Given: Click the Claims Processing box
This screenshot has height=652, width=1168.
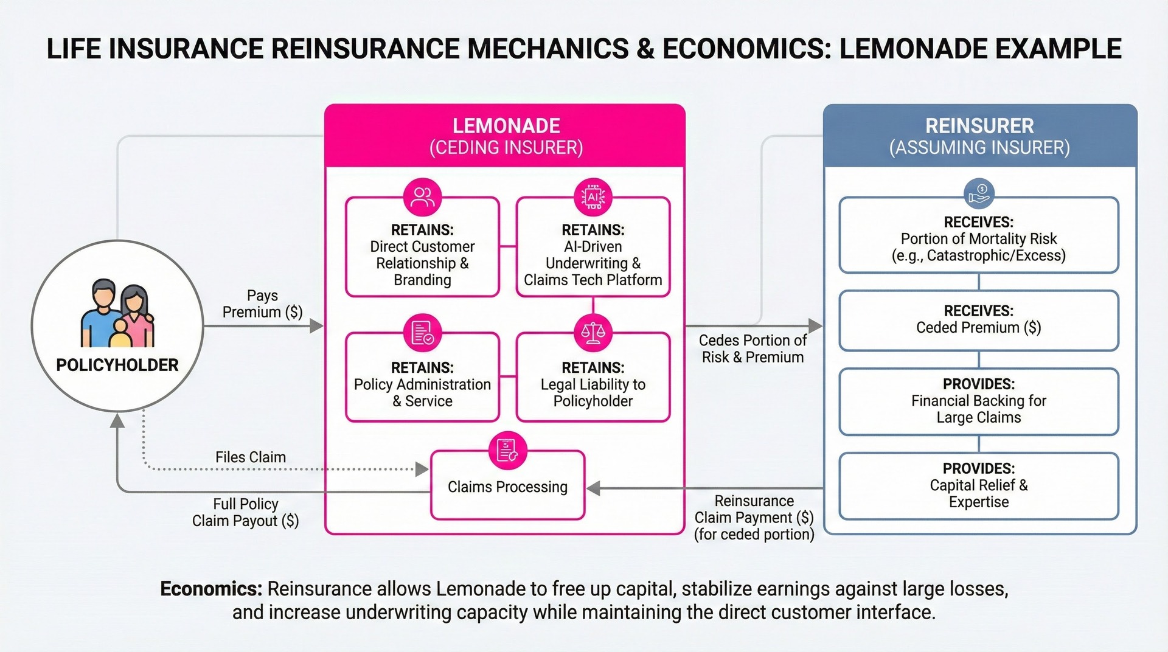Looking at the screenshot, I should pos(507,487).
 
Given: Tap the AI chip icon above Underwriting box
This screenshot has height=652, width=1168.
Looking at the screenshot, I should pos(593,197).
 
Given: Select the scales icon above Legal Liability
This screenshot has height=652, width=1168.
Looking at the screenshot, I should pos(593,333).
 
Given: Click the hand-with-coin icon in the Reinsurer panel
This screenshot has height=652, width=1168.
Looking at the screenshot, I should pos(979,194).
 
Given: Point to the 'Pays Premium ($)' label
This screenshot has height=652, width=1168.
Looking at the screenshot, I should pos(262,303).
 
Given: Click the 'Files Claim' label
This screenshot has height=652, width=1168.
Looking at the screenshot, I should pos(251,457).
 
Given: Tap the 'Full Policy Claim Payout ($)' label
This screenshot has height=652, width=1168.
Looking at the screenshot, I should pos(246,512).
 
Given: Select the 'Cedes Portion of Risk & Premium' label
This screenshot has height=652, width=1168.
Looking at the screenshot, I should pos(753,349).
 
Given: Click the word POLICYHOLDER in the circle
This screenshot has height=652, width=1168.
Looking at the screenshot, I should pos(117,365).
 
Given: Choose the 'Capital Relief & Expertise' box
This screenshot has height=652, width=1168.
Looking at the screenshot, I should pos(978,485).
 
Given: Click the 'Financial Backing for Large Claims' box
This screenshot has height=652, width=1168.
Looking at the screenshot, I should pos(978,401).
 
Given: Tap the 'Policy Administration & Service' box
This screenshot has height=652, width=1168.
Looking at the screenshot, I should pos(422,384).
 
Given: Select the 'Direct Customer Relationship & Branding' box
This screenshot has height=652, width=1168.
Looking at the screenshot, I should pos(422,255).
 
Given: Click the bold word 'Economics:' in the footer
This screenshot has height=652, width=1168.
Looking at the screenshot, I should pos(211,589).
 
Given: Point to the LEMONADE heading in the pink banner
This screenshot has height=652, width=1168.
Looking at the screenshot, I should pos(506,126).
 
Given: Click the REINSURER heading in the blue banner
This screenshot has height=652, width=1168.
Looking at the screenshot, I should pos(979,126).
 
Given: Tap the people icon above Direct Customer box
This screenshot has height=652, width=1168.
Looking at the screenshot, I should pos(422,197).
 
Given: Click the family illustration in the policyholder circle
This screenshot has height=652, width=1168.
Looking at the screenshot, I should pos(117,313).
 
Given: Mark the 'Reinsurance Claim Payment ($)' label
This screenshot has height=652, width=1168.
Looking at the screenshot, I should pos(754,517).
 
